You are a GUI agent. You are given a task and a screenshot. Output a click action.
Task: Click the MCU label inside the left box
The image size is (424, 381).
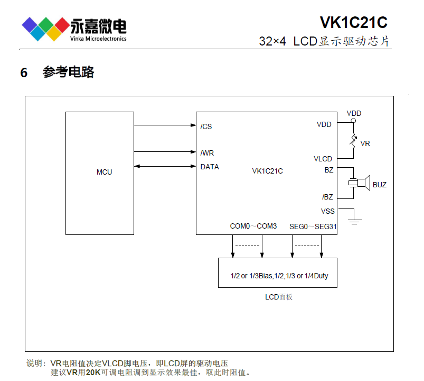[104, 172]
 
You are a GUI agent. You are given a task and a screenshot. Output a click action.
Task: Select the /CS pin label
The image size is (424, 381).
[206, 126]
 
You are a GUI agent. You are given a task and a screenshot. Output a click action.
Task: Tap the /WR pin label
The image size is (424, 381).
[207, 153]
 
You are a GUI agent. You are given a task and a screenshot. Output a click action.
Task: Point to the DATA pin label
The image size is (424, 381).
[210, 167]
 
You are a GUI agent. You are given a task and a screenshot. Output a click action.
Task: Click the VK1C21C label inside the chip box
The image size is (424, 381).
[267, 170]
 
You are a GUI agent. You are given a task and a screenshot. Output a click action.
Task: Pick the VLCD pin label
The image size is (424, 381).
[323, 159]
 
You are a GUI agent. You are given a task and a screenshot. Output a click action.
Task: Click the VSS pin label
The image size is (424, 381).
[327, 211]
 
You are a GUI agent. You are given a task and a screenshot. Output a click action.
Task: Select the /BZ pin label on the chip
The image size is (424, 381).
[327, 197]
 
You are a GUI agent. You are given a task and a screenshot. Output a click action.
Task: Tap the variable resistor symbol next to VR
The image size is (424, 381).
[353, 141]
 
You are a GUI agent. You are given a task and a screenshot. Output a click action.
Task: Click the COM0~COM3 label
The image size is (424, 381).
[253, 226]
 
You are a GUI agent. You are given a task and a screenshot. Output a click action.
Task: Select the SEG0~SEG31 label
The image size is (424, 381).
[313, 226]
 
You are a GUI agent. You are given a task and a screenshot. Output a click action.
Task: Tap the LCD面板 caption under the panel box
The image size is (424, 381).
[278, 297]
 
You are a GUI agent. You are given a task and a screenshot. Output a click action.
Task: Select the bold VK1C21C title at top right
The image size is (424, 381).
[353, 23]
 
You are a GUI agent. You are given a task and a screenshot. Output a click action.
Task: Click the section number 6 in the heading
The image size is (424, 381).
[24, 73]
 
